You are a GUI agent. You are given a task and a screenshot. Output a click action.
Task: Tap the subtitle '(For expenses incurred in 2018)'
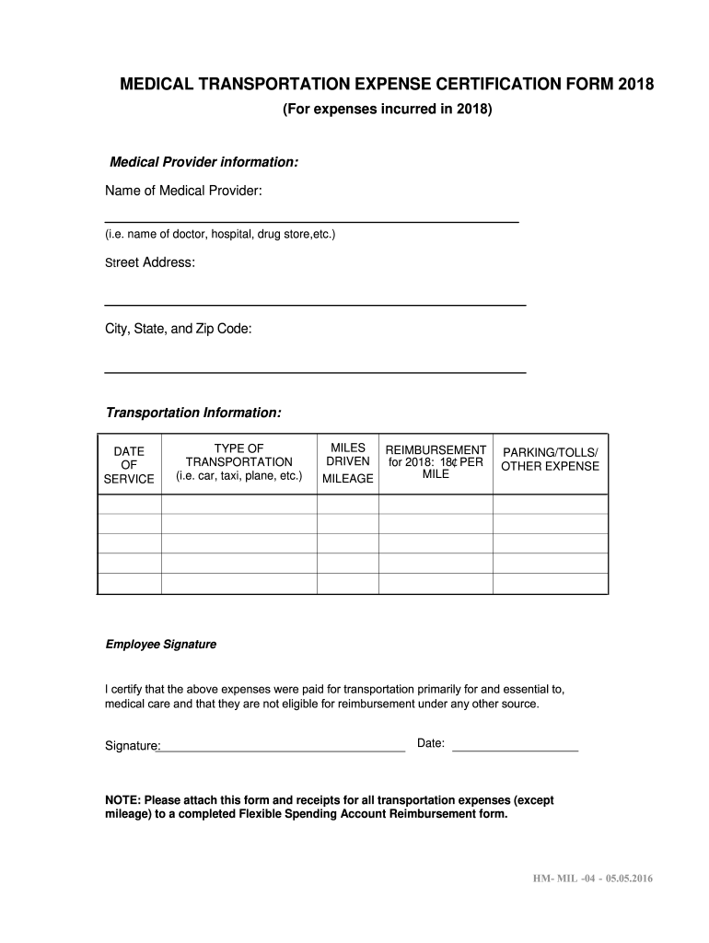coord(387,110)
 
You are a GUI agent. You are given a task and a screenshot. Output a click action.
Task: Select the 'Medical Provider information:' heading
coord(203,162)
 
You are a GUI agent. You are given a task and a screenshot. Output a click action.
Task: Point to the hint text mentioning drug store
coord(220,235)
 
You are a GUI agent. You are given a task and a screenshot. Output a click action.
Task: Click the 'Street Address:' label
coord(149,262)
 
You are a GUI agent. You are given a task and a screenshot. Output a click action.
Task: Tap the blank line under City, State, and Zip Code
coord(315,370)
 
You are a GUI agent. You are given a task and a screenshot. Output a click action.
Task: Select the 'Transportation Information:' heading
coord(193,413)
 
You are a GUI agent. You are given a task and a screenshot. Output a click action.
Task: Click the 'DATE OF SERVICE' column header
coord(129,465)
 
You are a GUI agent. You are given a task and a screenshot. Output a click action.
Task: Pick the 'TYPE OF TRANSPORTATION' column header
coord(238,462)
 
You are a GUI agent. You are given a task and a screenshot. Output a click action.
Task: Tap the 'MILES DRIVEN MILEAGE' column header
coord(347,463)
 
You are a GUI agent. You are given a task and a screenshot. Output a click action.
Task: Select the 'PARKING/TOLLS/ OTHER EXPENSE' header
coord(550,459)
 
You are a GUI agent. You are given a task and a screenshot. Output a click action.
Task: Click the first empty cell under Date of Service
coord(129,505)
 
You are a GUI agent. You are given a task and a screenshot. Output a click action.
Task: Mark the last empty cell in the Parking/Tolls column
coord(550,584)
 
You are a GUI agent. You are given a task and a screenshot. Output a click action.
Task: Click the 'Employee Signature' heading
coord(160,645)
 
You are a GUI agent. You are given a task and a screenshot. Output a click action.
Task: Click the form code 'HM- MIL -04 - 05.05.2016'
coord(591,878)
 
